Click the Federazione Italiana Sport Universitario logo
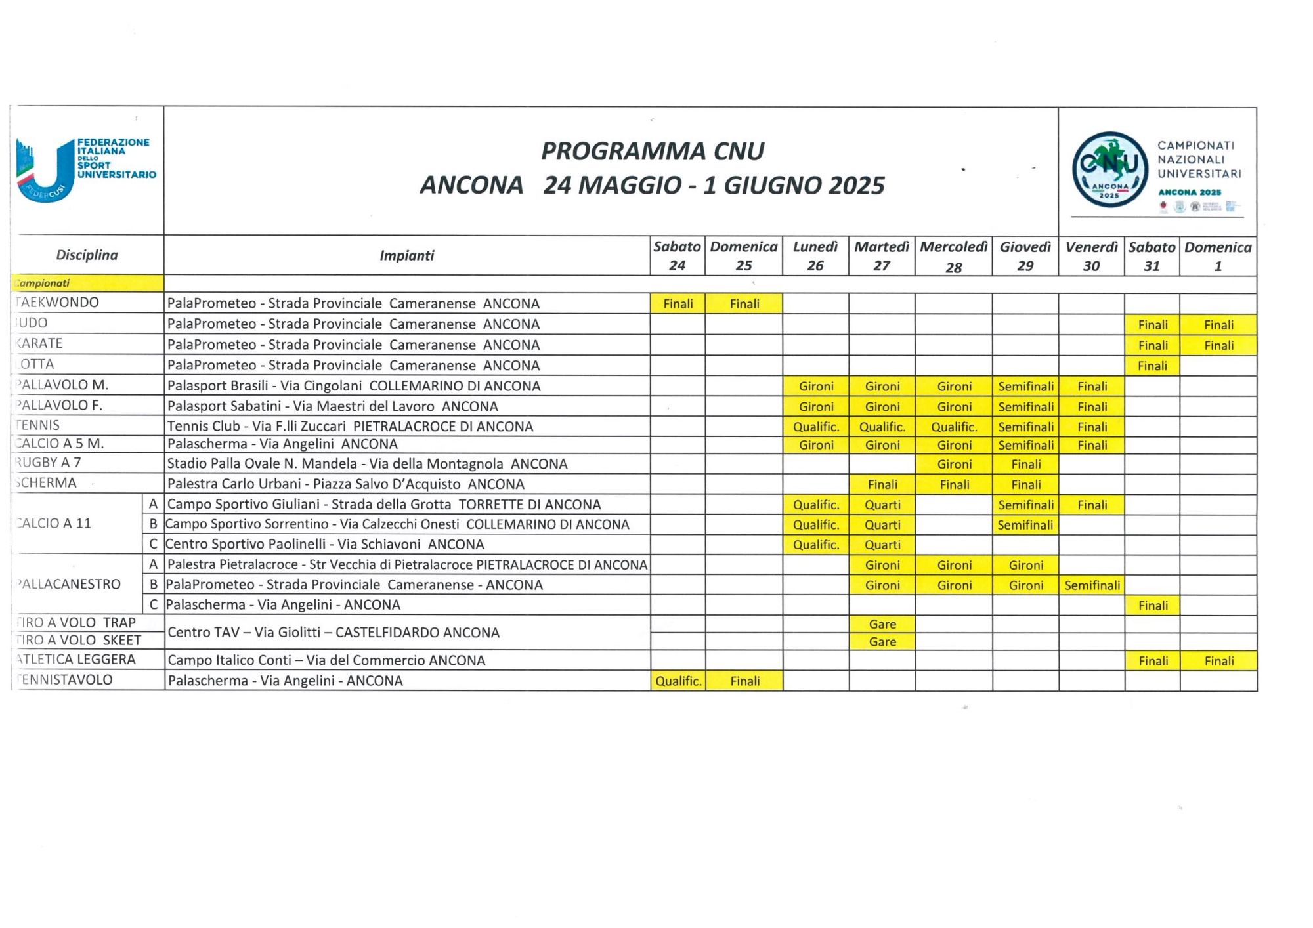85,169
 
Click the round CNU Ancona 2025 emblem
1109,169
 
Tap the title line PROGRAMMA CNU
652,152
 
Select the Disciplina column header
87,255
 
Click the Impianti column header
406,256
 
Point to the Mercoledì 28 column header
953,256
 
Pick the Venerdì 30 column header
1091,256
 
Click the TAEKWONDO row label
58,303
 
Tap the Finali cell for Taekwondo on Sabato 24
678,304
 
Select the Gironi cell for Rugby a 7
954,464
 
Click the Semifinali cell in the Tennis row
1025,427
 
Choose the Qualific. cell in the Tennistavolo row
678,681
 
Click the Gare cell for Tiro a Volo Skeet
882,642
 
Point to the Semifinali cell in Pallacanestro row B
1092,585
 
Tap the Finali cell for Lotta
1152,366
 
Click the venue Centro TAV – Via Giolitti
334,633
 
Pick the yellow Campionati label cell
87,284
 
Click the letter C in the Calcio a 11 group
154,544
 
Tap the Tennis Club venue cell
350,427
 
